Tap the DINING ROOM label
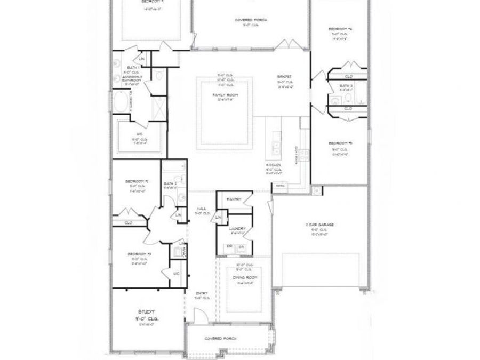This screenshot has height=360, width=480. coord(245,277)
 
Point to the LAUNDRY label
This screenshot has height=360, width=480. coord(236,228)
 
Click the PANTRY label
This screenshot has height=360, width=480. coord(234,199)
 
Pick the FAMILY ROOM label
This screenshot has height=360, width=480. coord(225,94)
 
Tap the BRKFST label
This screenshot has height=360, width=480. coord(283,77)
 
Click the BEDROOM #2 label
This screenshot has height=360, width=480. coord(137,181)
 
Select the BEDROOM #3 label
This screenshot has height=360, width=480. coord(139,254)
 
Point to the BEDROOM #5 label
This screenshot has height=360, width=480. coord(340,143)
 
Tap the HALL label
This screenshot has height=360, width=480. coord(202,209)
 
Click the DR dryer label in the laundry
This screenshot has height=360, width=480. coord(230,246)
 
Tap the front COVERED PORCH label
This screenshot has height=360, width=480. coord(220,339)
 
